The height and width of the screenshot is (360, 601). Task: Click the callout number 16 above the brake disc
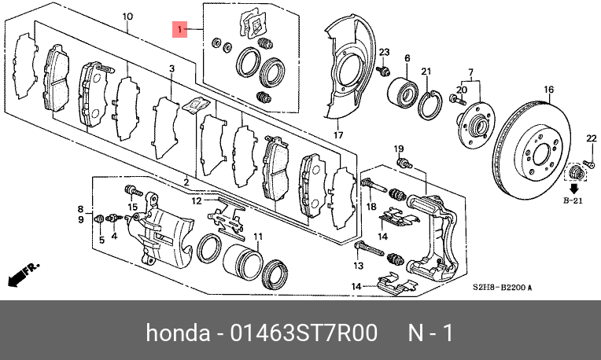(x=548, y=89)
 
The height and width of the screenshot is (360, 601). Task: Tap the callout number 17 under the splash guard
(x=338, y=135)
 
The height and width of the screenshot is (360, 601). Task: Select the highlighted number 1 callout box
(x=180, y=31)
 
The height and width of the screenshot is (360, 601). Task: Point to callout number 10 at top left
(x=128, y=16)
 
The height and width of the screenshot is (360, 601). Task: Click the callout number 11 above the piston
(x=256, y=237)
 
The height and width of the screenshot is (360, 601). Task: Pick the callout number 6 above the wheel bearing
(x=407, y=59)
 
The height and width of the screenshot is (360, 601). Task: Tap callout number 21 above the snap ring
(x=426, y=72)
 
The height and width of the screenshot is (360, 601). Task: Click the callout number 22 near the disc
(x=592, y=139)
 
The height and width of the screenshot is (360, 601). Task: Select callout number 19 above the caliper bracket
(x=398, y=149)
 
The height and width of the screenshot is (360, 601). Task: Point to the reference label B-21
(x=574, y=202)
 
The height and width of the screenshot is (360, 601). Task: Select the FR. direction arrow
(x=21, y=274)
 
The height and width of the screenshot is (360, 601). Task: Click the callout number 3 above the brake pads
(x=171, y=69)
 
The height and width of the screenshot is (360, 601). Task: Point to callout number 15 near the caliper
(x=133, y=208)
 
